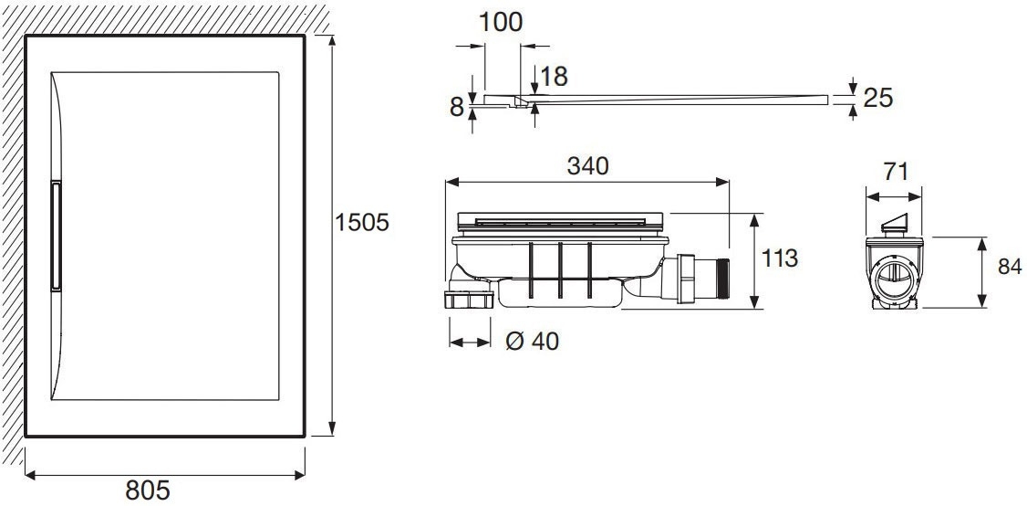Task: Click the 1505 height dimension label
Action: pyautogui.click(x=362, y=223)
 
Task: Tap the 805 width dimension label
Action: pyautogui.click(x=148, y=490)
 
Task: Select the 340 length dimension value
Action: pyautogui.click(x=587, y=166)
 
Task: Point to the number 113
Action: pyautogui.click(x=780, y=258)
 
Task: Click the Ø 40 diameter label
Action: pyautogui.click(x=534, y=342)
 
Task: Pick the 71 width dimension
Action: pyautogui.click(x=895, y=172)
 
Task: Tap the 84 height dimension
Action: pyautogui.click(x=1010, y=267)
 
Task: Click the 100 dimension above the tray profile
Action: pyautogui.click(x=501, y=22)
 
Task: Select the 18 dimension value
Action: pyautogui.click(x=555, y=77)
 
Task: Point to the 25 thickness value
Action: pyautogui.click(x=878, y=98)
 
